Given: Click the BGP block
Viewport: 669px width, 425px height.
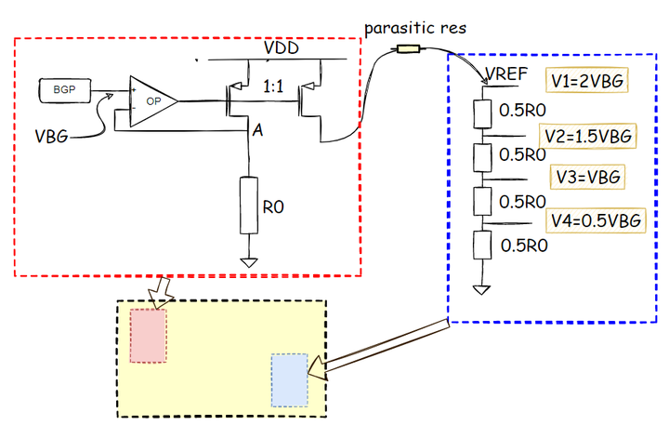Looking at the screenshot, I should pos(64,91).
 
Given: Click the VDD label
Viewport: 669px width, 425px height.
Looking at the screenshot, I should pos(281,47).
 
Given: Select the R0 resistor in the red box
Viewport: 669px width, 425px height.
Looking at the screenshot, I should pos(248,205).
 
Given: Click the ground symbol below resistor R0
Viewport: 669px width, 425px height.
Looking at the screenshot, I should pos(248,261).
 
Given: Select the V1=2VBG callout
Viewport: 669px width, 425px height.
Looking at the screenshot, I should pos(586,81).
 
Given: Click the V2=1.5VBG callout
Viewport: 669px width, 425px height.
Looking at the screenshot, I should pos(589,136).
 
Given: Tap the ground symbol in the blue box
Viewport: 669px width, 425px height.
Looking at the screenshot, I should pos(480,289).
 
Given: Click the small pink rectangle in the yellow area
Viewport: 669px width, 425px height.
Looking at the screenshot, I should pos(148,335).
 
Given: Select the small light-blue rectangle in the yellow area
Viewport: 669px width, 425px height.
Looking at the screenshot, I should pos(289,379).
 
